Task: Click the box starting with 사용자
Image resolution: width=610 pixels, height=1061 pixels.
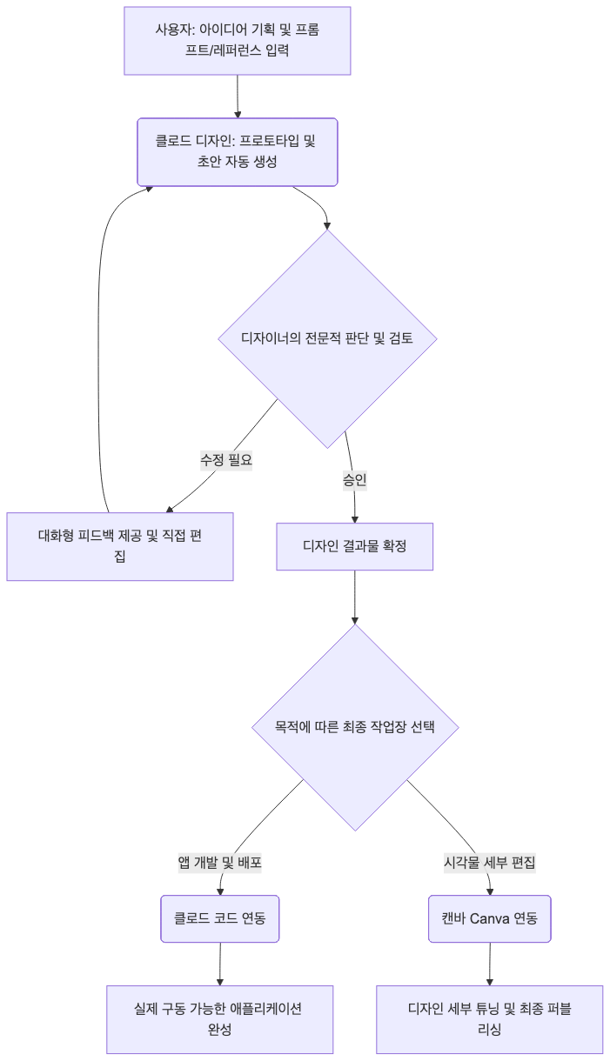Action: pyautogui.click(x=237, y=41)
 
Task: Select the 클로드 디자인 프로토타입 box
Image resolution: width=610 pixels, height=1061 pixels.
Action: pyautogui.click(x=237, y=152)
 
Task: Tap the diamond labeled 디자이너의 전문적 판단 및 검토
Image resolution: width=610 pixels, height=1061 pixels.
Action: pyautogui.click(x=327, y=338)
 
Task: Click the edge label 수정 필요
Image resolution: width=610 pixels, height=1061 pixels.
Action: pyautogui.click(x=226, y=459)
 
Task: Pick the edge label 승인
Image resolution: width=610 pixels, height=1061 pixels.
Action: pyautogui.click(x=354, y=480)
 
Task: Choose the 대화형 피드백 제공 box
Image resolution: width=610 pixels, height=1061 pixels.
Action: pyautogui.click(x=120, y=547)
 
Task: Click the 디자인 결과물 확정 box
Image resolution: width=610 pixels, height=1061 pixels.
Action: pyautogui.click(x=354, y=547)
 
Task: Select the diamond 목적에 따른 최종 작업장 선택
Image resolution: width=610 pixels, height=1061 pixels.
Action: pyautogui.click(x=355, y=728)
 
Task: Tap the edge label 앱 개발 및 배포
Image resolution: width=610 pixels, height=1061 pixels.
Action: pyautogui.click(x=220, y=862)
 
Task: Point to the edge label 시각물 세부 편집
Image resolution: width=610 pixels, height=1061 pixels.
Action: pyautogui.click(x=490, y=862)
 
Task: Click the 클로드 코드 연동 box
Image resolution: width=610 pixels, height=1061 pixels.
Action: pyautogui.click(x=220, y=919)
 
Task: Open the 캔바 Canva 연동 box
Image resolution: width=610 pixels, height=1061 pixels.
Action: pyautogui.click(x=490, y=919)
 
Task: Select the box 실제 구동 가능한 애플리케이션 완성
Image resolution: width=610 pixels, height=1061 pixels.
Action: pyautogui.click(x=220, y=1020)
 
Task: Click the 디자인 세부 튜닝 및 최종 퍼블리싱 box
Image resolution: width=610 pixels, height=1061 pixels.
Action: pyautogui.click(x=490, y=1020)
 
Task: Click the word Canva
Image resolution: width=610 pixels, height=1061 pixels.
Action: pyautogui.click(x=490, y=919)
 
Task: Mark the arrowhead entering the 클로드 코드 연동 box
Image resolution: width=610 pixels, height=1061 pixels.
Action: pyautogui.click(x=220, y=892)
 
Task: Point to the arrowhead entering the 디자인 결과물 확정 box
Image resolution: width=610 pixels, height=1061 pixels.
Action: pyautogui.click(x=354, y=519)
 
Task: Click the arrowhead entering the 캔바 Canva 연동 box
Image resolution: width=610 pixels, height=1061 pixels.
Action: pyautogui.click(x=490, y=892)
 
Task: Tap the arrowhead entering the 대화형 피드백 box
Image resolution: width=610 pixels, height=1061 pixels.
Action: pyautogui.click(x=169, y=510)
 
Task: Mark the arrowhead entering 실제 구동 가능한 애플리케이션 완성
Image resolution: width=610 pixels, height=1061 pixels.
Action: pyautogui.click(x=220, y=983)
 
